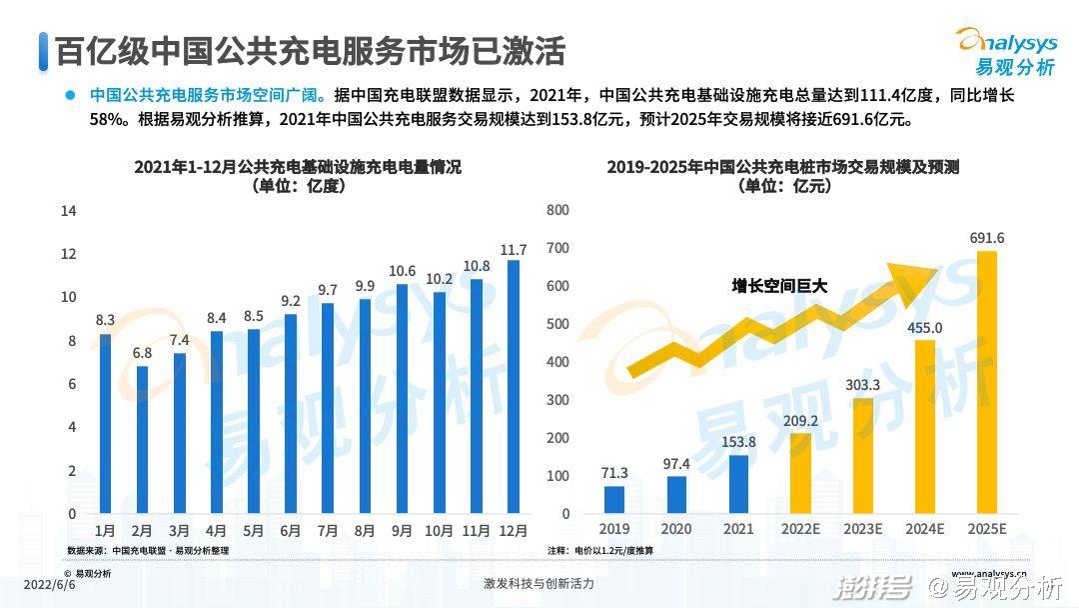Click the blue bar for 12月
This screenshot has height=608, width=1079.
[514, 387]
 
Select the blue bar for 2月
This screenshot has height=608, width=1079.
[142, 440]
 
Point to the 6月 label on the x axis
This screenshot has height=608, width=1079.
[291, 531]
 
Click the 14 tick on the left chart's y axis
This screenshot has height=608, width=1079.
[69, 211]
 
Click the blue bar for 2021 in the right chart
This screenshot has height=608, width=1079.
[738, 485]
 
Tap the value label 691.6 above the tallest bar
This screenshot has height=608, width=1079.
[986, 238]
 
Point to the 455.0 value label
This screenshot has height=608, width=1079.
[924, 327]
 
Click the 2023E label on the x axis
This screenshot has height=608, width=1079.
[862, 529]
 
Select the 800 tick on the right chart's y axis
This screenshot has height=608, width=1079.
[558, 210]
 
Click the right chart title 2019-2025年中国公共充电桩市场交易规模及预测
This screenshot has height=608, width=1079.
[782, 168]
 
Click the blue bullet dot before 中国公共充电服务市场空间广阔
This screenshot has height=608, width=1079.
[70, 95]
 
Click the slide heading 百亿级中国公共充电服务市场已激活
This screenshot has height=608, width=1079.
[310, 50]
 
